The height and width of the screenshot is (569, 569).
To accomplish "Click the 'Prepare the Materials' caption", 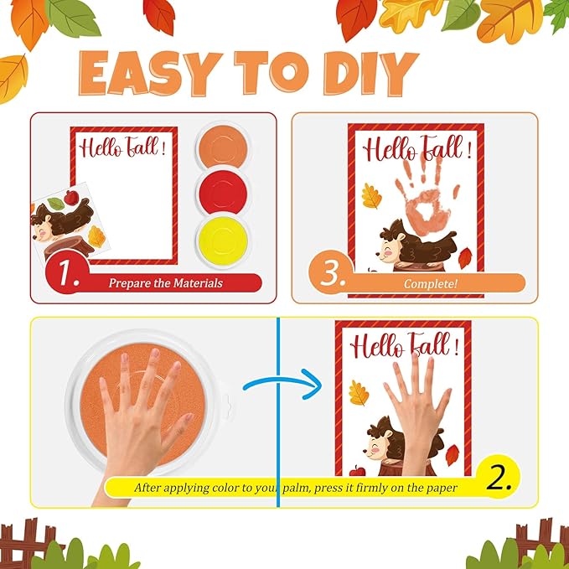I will coord(165,283).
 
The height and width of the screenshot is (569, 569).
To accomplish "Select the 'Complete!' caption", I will coord(430,283).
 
